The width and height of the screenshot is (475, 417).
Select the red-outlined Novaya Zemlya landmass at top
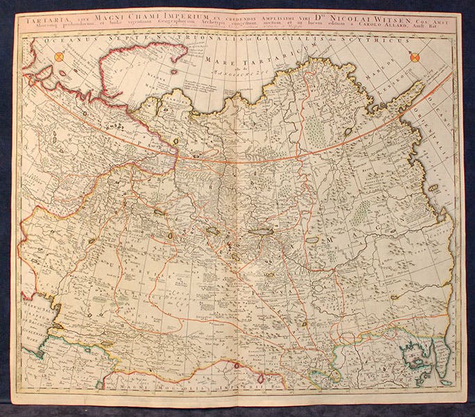click(139, 69)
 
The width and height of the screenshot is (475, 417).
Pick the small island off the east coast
click(434, 188)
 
